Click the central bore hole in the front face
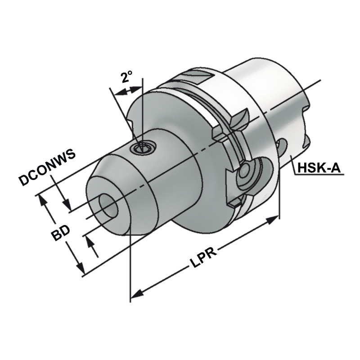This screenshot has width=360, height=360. [x=108, y=207]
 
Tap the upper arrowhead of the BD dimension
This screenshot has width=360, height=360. [x=44, y=200]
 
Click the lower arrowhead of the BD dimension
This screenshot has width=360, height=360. [x=81, y=270]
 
